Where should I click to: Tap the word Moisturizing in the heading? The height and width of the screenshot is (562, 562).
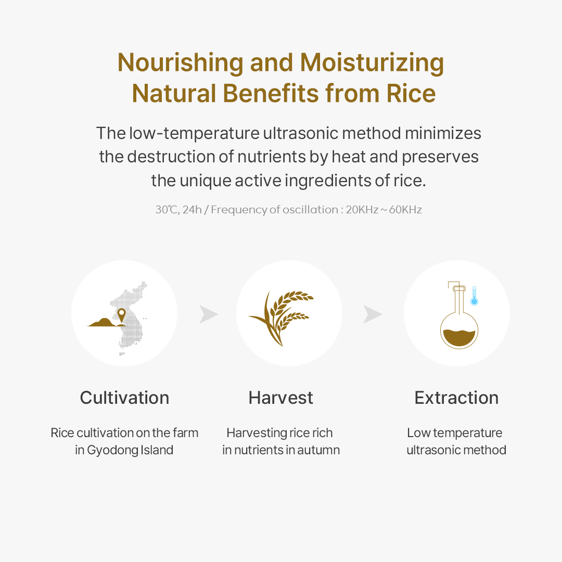pos(372,63)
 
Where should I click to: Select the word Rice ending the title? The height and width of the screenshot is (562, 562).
pos(411,94)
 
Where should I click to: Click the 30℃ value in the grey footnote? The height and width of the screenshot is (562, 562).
pos(167,210)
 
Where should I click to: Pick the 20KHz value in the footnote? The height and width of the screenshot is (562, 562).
pos(362,210)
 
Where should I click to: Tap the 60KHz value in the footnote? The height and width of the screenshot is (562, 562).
pos(405,210)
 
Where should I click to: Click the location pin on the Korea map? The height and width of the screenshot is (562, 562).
pos(121,314)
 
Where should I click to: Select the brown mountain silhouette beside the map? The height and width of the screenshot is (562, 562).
pos(105,323)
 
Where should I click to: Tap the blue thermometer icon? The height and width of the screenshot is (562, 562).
pos(474,296)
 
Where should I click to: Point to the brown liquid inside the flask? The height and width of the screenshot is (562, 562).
pos(459,338)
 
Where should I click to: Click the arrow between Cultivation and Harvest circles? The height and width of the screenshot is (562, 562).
pos(208,314)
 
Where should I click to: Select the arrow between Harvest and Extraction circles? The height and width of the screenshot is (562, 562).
pos(372,314)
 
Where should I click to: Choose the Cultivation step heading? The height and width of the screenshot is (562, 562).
pos(124,398)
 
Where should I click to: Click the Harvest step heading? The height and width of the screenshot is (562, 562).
pos(280,398)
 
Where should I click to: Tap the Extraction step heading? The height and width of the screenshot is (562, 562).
pos(456,398)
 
